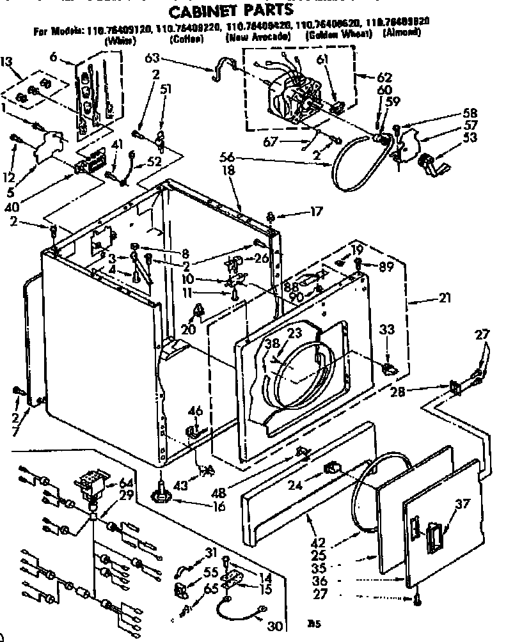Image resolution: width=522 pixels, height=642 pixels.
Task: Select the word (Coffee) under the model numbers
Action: [x=187, y=39]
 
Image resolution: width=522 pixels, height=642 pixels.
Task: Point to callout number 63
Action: [x=152, y=59]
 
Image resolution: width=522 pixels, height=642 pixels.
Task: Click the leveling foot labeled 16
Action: [x=161, y=497]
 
